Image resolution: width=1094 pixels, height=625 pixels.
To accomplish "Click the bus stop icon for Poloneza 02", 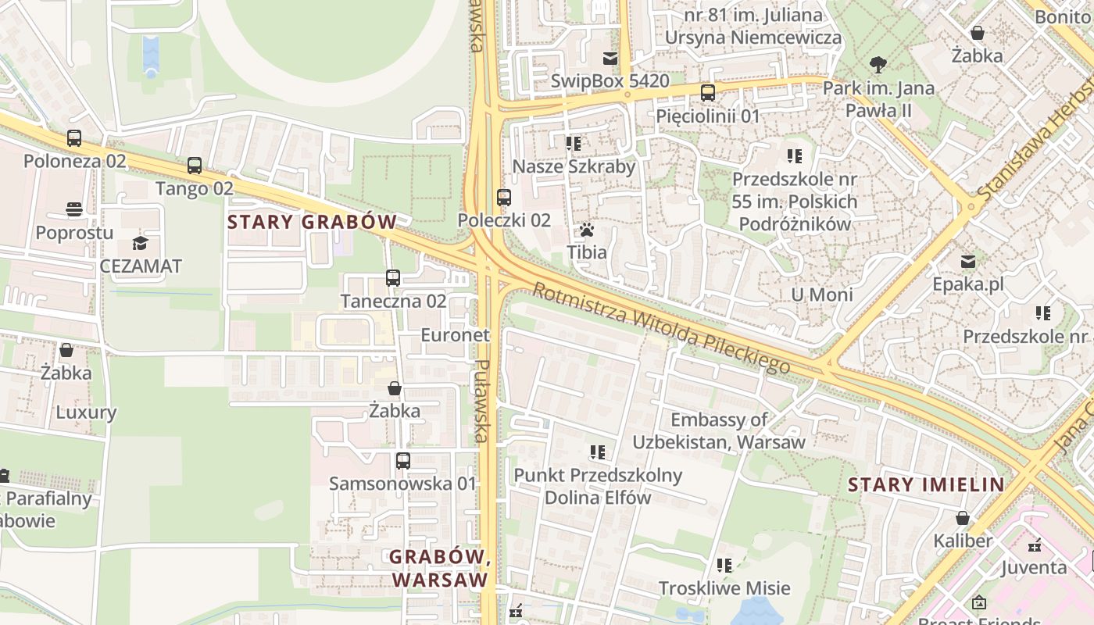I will click(x=74, y=138).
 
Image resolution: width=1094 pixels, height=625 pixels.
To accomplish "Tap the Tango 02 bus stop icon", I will click(x=195, y=166).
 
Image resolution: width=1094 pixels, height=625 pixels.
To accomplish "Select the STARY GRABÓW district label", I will click(x=312, y=222).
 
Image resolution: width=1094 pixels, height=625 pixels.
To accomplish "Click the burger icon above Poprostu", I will click(x=74, y=209).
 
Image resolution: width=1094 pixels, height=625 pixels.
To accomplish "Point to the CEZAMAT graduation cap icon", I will click(x=140, y=243).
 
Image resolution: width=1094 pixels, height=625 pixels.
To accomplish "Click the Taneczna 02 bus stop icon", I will click(x=393, y=277).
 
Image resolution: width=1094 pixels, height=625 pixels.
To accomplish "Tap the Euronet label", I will click(x=455, y=335).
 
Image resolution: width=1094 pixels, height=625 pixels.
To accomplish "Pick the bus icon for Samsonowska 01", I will click(x=402, y=460).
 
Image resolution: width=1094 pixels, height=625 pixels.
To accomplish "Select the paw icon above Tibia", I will click(x=587, y=230).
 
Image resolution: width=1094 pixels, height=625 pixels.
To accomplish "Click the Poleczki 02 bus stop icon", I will click(x=504, y=198).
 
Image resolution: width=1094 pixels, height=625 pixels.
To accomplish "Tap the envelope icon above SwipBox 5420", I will click(x=610, y=59).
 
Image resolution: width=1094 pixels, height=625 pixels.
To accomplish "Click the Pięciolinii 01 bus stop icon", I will click(x=708, y=93).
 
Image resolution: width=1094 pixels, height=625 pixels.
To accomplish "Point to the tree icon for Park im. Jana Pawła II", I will click(x=878, y=65).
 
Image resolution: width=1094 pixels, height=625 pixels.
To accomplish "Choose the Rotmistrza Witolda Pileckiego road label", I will click(x=661, y=328).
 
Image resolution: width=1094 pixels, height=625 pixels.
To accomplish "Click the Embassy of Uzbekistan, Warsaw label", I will click(x=718, y=430).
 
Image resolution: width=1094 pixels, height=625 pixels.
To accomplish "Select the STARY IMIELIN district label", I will click(x=926, y=484).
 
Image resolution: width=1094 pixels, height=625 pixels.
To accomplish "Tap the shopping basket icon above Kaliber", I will click(x=963, y=518).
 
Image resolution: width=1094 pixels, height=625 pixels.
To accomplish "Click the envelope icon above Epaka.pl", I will click(x=968, y=261).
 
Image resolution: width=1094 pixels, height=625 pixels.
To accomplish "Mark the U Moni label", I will click(x=821, y=295).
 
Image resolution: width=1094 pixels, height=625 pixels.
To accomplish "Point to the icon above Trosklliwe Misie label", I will click(x=724, y=565).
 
